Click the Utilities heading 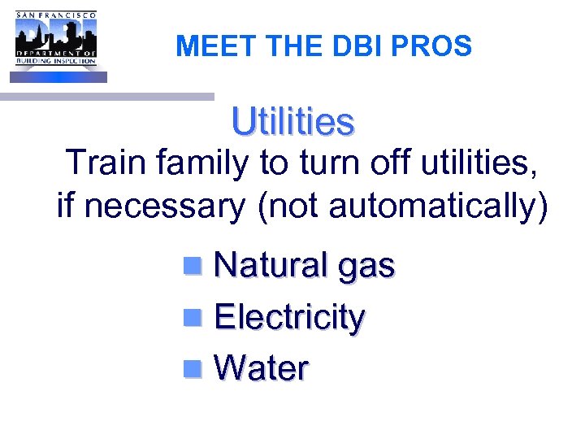click(x=292, y=122)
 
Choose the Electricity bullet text click(x=288, y=318)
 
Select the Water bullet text click(x=261, y=369)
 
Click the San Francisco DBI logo click(x=56, y=46)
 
